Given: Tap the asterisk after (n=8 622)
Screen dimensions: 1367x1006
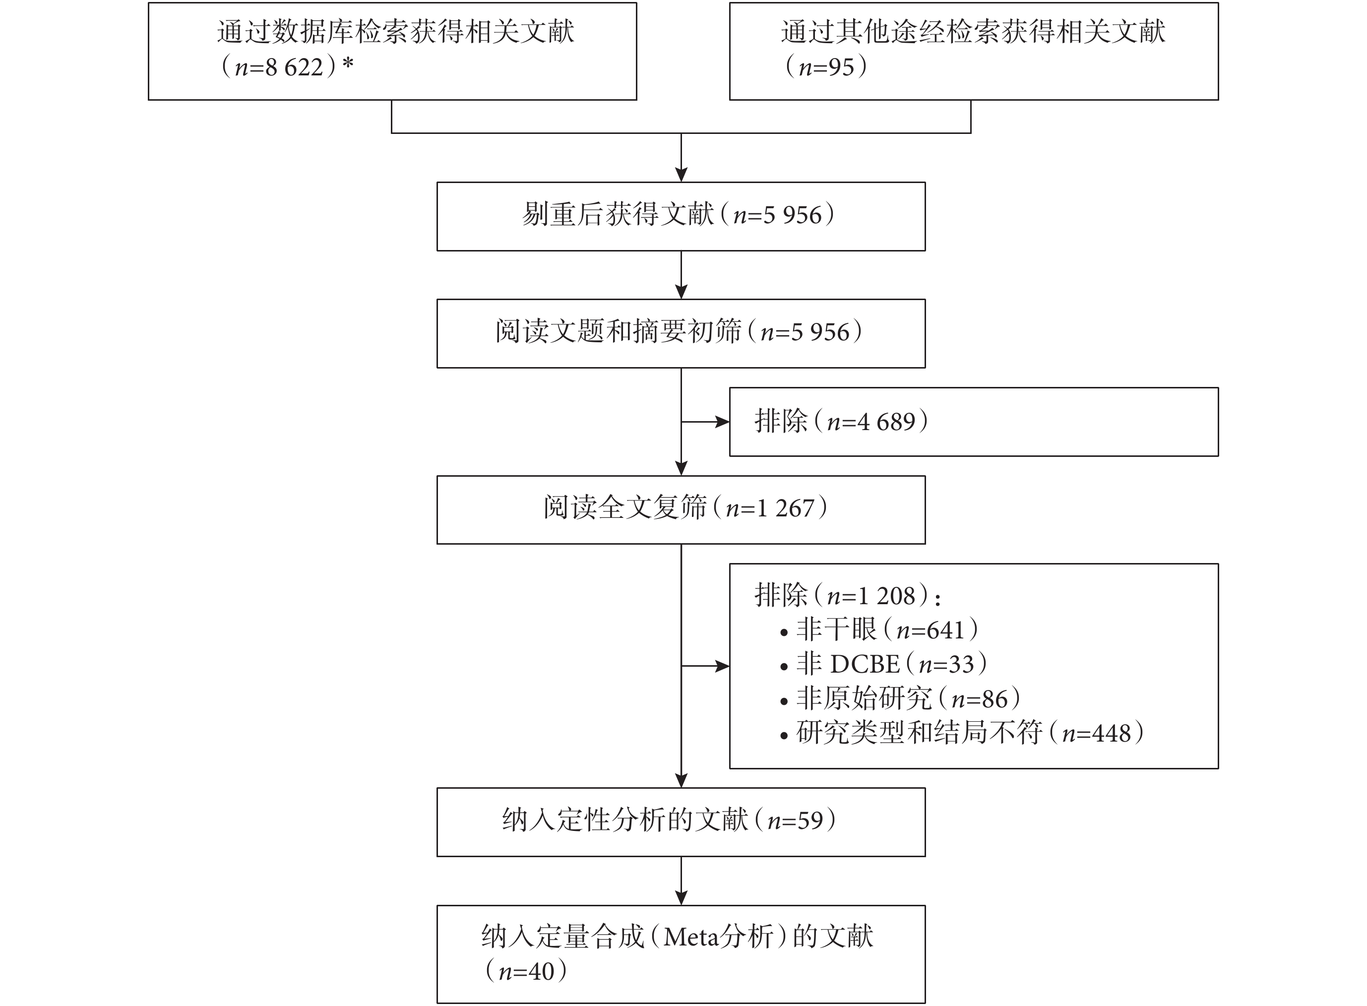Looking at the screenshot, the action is click(347, 64).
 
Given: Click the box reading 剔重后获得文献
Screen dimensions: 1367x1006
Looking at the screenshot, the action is click(681, 216).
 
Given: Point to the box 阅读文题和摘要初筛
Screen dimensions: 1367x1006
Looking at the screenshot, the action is click(681, 333).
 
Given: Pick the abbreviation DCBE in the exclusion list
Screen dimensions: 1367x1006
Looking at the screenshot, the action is click(865, 664).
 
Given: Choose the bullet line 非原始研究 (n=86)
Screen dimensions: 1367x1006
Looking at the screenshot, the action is click(900, 698).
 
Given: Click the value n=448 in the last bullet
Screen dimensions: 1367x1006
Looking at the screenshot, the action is click(1096, 733).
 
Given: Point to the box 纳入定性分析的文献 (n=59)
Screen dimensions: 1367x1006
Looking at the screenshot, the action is click(681, 822).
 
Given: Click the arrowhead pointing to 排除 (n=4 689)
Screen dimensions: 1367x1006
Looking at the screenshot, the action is click(723, 422).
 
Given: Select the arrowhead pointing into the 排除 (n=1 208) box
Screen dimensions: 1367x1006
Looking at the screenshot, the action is click(723, 666).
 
